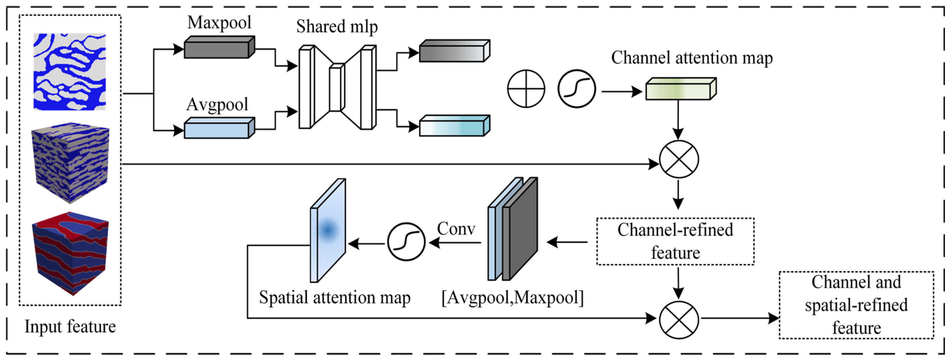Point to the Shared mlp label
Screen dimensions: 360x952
(x=337, y=27)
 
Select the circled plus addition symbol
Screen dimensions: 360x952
(x=526, y=89)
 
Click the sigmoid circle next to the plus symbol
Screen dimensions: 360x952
(x=577, y=89)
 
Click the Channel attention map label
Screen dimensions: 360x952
(x=691, y=58)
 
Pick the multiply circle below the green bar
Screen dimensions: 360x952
(x=679, y=160)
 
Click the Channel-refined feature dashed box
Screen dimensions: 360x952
(x=675, y=241)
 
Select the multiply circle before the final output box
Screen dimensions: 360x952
(x=679, y=320)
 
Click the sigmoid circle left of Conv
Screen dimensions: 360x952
(x=406, y=242)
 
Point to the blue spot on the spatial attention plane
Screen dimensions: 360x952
(x=328, y=230)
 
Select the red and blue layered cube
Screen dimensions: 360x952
(x=70, y=253)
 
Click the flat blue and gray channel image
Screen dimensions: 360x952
(x=70, y=72)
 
